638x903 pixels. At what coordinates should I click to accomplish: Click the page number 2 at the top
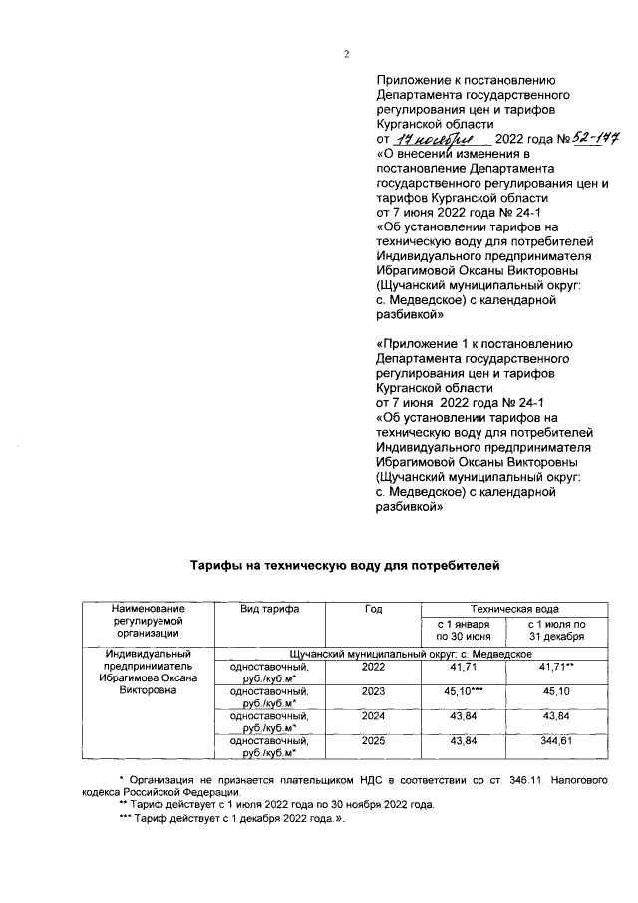347,54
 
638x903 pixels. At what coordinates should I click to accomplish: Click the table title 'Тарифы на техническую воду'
343,566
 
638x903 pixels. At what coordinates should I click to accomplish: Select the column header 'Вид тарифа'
263,608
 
